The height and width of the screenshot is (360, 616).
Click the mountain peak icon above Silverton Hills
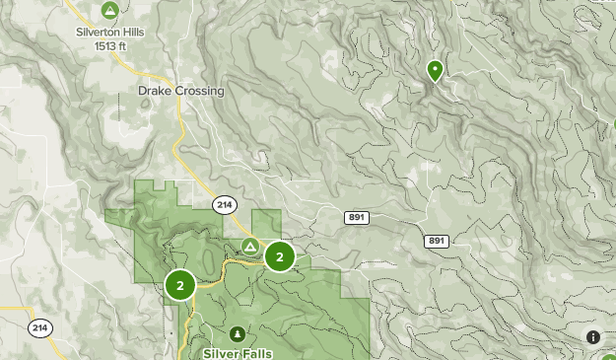109,12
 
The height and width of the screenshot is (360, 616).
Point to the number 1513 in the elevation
105,45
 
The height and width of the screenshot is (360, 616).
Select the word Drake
155,91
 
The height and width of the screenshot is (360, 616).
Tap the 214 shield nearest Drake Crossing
224,204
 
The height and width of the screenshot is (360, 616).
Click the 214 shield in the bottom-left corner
39,328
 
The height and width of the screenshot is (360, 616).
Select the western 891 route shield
357,217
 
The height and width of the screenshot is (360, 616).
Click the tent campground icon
250,246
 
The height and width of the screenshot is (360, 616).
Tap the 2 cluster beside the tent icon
280,257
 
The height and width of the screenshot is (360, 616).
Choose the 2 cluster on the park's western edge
180,286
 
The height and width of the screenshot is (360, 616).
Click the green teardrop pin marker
434,70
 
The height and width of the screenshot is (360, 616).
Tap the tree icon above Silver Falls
238,333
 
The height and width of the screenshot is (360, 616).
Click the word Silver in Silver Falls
220,352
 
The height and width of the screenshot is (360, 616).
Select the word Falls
256,352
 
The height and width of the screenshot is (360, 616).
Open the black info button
593,337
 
